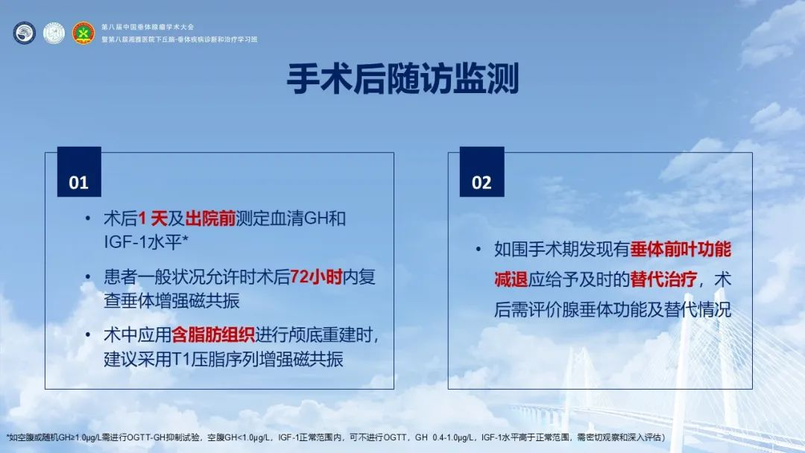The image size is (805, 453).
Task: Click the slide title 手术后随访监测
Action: point(402,78)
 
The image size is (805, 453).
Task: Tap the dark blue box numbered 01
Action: point(79,172)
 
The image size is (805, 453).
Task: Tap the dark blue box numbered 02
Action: point(482,172)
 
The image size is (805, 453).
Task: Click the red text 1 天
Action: point(153,219)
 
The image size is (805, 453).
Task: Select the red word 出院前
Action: point(210,219)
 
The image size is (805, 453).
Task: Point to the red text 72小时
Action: point(316,278)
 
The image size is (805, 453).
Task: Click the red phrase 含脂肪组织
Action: point(213,335)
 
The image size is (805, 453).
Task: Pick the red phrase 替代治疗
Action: point(663,279)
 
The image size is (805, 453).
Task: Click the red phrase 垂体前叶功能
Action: point(681,250)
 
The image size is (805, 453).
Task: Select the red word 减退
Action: point(511,279)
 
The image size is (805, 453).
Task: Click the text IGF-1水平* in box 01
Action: point(146,242)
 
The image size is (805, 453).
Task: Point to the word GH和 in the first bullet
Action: point(325,219)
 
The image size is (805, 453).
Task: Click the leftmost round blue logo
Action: point(24,34)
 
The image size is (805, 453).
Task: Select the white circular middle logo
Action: point(54,34)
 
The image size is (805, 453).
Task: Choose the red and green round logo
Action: point(83,34)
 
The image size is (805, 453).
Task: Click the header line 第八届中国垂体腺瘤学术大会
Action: point(148,27)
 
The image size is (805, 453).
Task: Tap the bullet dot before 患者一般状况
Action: point(88,277)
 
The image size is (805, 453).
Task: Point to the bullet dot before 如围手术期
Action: point(479,250)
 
